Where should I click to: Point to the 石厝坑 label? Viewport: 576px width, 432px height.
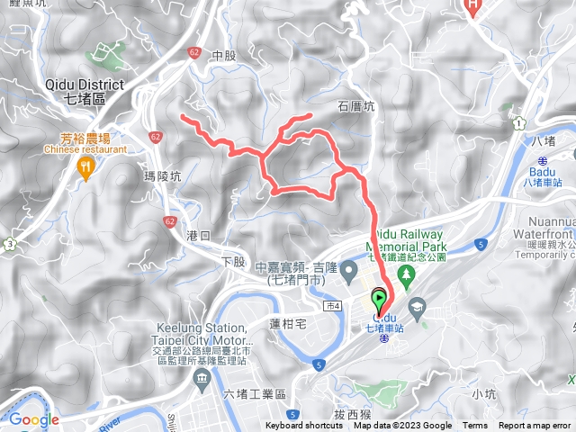(x=356, y=105)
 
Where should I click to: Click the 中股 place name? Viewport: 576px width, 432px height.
(x=223, y=55)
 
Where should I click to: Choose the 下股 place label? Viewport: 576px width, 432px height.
(x=232, y=261)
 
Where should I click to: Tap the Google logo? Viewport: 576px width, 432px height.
(x=33, y=419)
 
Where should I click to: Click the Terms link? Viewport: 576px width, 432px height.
(x=475, y=426)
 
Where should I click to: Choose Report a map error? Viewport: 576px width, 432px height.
(x=535, y=426)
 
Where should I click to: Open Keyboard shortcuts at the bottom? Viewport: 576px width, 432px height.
(x=304, y=426)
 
